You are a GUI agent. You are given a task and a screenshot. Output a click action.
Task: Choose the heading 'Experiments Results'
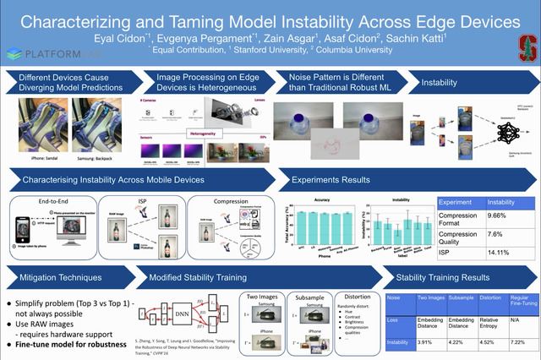click(x=330, y=180)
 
